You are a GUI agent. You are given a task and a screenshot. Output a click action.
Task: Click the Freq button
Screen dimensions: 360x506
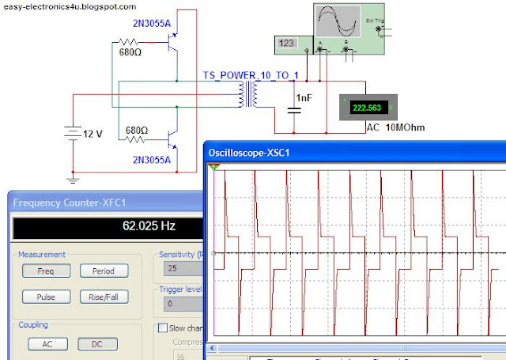pos(46,271)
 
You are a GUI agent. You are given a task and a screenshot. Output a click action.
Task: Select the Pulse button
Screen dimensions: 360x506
pos(46,297)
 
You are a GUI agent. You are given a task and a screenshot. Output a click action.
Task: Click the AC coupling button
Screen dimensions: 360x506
pos(46,344)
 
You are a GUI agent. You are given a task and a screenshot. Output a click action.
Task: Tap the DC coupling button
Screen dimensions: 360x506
pos(97,344)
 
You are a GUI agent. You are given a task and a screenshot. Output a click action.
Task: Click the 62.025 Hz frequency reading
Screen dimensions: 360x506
pos(149,225)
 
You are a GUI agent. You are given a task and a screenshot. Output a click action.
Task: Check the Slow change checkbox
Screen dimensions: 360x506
pos(164,328)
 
